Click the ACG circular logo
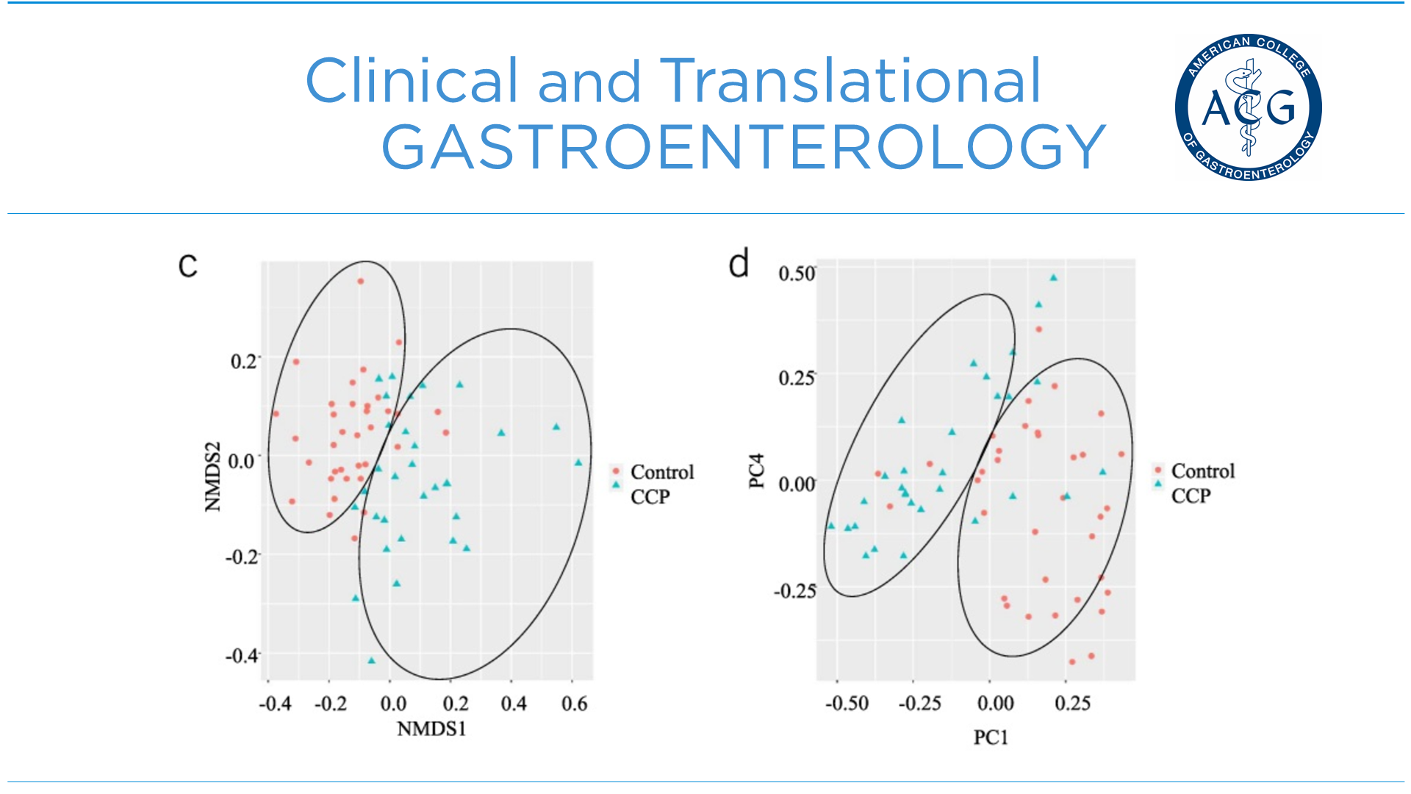[1248, 107]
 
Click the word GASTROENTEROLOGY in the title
[743, 147]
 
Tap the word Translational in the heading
[850, 80]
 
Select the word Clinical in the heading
[412, 80]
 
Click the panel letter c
[188, 265]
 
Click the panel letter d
[739, 263]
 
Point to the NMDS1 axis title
[431, 729]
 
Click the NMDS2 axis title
[212, 476]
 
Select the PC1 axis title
[991, 737]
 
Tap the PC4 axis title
[756, 471]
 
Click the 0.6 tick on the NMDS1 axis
[574, 704]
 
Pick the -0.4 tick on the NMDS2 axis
[243, 655]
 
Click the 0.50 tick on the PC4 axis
[797, 274]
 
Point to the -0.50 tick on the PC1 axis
[847, 704]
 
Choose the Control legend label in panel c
[662, 472]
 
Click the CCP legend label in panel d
[1191, 496]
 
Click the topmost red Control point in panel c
[360, 281]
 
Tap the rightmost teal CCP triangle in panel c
[578, 462]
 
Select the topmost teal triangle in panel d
[1053, 278]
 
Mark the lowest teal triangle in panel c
[371, 660]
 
